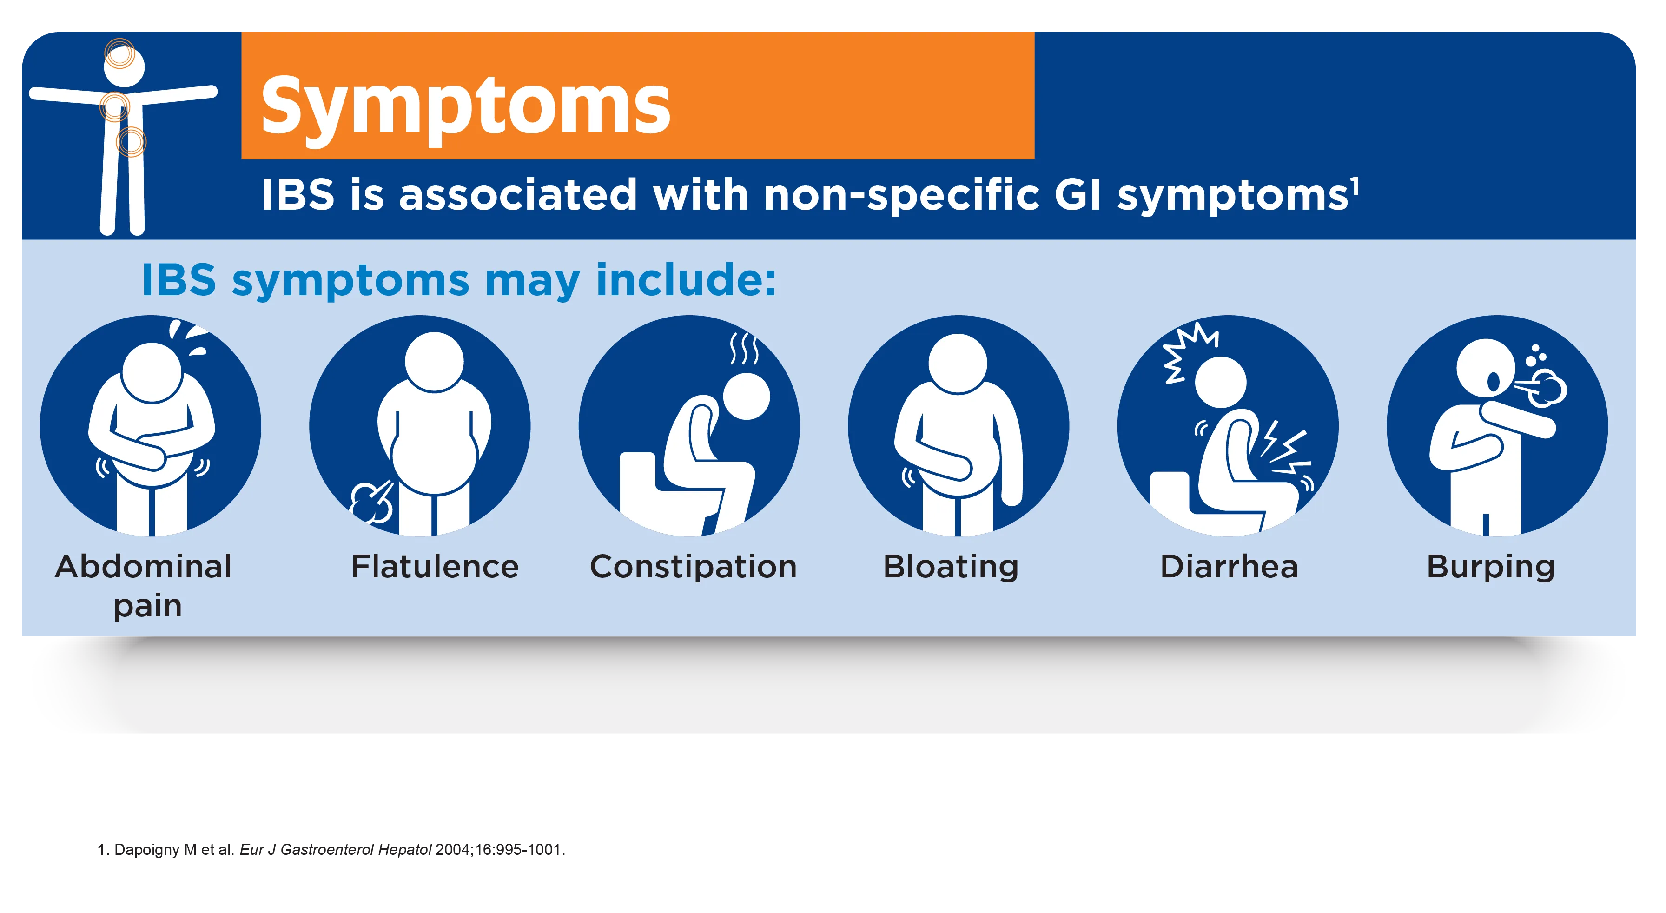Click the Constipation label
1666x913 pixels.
coord(693,567)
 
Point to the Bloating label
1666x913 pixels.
coord(951,567)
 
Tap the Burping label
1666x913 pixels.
coord(1491,567)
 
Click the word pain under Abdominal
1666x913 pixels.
coord(147,607)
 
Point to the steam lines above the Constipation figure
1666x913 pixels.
coord(744,349)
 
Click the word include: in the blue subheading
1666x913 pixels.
coord(686,281)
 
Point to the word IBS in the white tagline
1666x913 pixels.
coord(298,195)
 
